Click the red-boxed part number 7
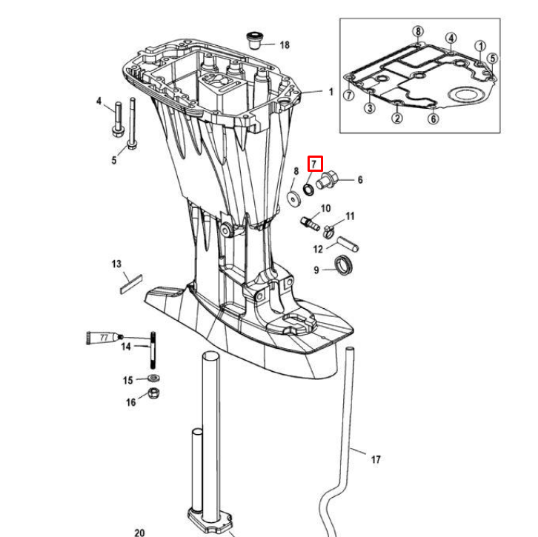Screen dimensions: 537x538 point(314,163)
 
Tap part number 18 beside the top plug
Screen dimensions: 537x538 point(285,45)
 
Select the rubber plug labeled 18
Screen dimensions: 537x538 point(255,38)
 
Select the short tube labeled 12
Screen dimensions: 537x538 point(348,241)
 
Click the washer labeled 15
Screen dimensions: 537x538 point(152,379)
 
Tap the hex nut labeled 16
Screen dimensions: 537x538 point(153,393)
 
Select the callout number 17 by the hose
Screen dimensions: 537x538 point(376,460)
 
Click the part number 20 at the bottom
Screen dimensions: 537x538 point(140,532)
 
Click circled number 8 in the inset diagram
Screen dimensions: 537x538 point(418,31)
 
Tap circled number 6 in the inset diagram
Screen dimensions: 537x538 point(434,119)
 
